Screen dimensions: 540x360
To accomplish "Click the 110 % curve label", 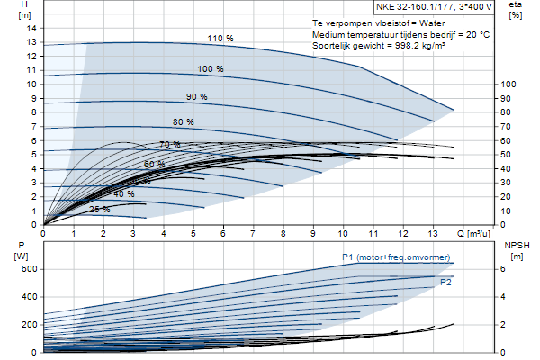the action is coord(220,38).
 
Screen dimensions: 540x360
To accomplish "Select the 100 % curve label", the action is coord(211,69).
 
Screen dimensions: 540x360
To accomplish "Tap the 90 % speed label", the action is coord(197,97).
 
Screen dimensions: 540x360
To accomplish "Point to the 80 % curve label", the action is coord(184,122).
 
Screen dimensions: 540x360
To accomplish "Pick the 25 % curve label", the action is coord(100,210).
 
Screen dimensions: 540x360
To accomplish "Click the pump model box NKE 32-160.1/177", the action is coord(434,7).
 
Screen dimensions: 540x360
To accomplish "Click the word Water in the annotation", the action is coord(432,23).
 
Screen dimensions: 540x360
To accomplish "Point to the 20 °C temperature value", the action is coord(478,34).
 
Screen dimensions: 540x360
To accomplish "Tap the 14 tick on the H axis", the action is coord(31,28).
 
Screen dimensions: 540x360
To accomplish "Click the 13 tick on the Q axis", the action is coord(433,234).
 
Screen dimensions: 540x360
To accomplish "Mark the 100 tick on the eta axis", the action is coord(508,85).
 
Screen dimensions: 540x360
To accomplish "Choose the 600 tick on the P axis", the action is coord(29,269).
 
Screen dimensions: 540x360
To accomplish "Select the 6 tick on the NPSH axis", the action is coord(503,269).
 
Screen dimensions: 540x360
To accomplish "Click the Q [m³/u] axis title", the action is coord(473,234).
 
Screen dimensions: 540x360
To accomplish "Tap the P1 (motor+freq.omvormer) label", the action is coord(396,257).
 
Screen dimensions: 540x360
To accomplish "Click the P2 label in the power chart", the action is coord(445,283).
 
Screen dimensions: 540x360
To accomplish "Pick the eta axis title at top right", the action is coord(515,10).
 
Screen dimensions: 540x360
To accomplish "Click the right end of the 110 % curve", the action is coord(454,110).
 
